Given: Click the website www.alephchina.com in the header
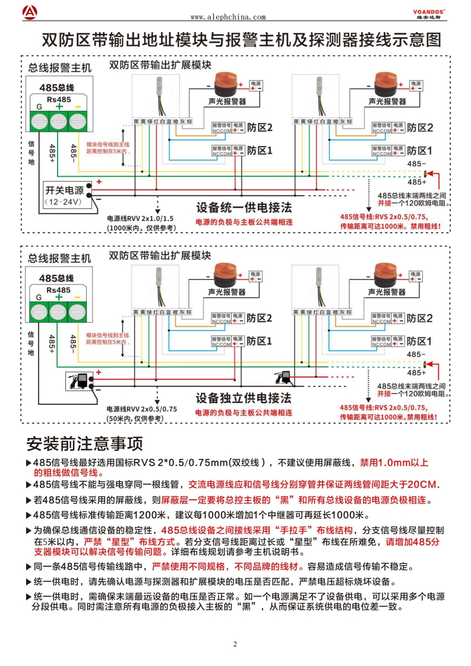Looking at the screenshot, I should coord(228,17).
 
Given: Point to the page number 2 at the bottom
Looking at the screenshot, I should coord(235,644).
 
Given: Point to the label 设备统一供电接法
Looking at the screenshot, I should coord(244,208).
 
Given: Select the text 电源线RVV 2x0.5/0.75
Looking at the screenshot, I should coord(141,409).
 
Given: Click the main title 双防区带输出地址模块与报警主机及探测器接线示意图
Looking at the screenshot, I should coord(242,40).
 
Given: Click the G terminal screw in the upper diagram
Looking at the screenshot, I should coord(39,122).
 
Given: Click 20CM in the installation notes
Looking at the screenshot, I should coord(422,485).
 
